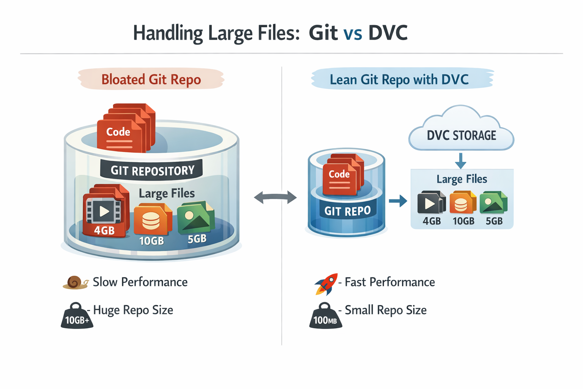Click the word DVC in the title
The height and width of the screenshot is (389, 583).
(x=388, y=33)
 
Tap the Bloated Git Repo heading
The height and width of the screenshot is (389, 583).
(x=151, y=79)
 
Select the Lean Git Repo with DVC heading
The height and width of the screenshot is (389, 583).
(x=399, y=79)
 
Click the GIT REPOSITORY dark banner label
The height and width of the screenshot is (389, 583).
(x=152, y=170)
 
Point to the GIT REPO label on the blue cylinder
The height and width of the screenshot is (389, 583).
(x=347, y=211)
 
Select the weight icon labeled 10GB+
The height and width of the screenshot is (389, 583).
(x=77, y=316)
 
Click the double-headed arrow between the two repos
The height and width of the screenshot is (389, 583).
(x=275, y=197)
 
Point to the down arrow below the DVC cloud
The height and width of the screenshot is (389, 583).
(x=460, y=161)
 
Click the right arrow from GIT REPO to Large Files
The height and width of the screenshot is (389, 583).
(x=398, y=201)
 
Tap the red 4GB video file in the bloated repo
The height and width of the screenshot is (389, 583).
(x=104, y=211)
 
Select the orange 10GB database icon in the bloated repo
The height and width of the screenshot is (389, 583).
(x=151, y=220)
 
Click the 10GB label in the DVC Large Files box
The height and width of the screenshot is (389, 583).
(x=463, y=221)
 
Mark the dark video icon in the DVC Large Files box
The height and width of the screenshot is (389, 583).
(x=431, y=202)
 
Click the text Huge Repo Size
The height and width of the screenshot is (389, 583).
(x=133, y=310)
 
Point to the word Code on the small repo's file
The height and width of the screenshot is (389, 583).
(x=339, y=174)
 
